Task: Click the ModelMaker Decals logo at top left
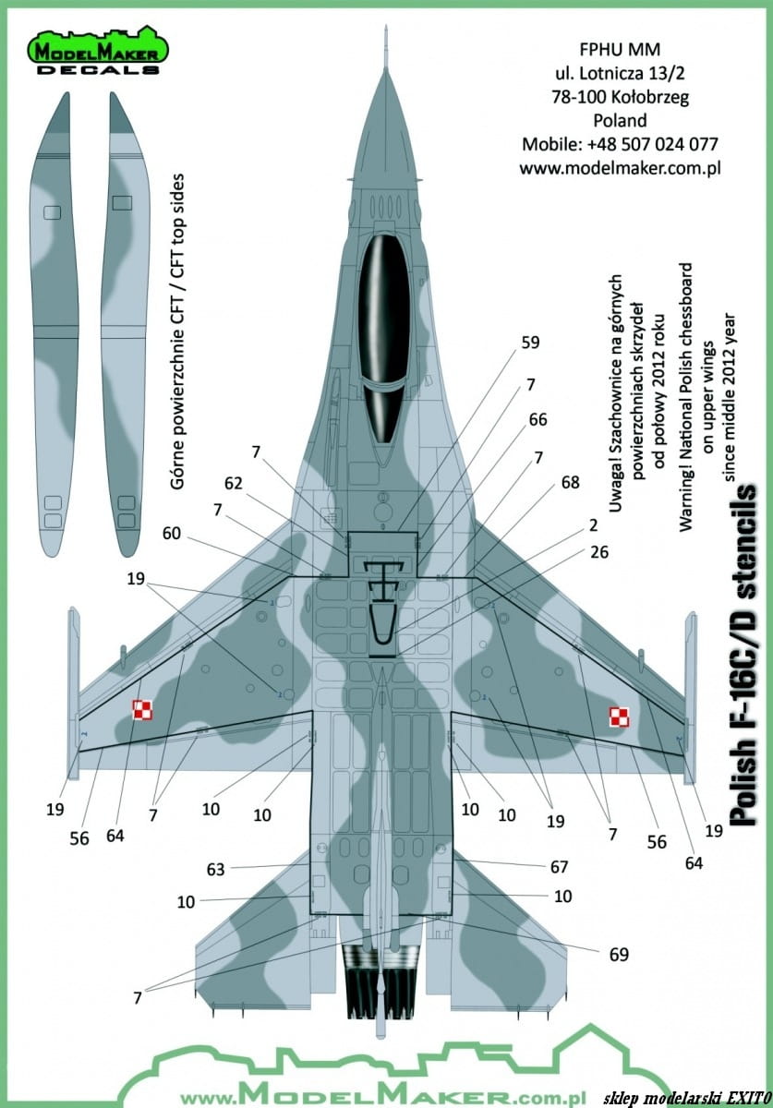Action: click(97, 50)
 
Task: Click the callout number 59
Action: click(530, 343)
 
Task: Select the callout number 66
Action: click(537, 419)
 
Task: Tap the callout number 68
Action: click(570, 482)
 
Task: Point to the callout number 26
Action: click(599, 552)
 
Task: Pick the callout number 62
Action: click(234, 483)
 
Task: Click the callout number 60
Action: click(172, 534)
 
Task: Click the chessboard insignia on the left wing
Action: click(142, 710)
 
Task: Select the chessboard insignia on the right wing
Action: click(620, 717)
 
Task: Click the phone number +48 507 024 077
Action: click(652, 144)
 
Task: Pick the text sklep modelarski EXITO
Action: click(687, 1097)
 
